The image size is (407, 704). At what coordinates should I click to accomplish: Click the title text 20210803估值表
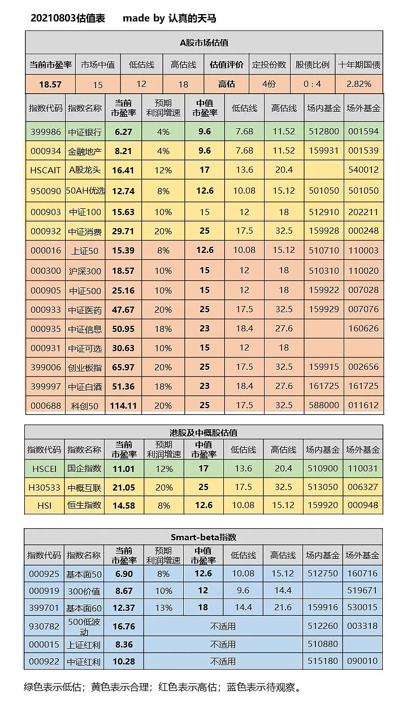click(68, 19)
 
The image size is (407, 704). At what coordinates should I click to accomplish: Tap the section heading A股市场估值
click(204, 42)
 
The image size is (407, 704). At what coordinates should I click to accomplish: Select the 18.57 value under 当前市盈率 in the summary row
click(50, 84)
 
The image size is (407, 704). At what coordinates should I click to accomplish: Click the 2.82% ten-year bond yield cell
click(359, 84)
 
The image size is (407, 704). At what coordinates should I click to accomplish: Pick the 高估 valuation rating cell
click(227, 84)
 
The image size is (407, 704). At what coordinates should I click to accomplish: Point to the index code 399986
click(45, 132)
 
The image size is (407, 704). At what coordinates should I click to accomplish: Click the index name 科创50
click(85, 405)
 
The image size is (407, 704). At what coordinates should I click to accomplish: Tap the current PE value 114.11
click(124, 405)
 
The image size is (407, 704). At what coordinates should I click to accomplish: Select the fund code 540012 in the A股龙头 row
click(363, 170)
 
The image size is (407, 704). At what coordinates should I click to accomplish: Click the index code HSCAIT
click(45, 170)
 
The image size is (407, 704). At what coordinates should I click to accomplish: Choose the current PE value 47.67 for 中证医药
click(124, 309)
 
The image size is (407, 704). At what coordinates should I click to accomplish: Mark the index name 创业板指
click(85, 367)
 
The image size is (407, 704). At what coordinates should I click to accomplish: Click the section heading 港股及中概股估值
click(204, 432)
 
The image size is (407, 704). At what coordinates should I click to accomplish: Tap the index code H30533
click(44, 487)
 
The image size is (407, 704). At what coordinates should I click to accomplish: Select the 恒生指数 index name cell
click(85, 505)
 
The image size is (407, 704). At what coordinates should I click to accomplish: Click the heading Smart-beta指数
click(203, 537)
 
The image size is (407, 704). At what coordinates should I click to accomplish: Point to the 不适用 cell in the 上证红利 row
click(223, 644)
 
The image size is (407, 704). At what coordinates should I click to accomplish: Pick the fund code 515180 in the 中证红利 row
click(322, 661)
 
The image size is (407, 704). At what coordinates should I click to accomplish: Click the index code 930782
click(44, 626)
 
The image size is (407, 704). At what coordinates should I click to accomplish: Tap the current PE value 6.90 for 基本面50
click(123, 574)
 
